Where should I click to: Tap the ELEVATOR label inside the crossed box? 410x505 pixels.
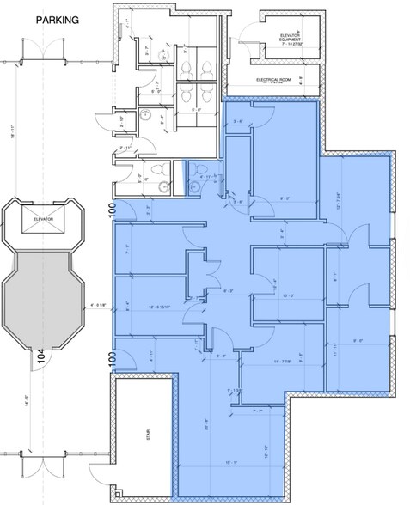tap(44, 219)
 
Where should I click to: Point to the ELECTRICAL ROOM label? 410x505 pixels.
tap(276, 79)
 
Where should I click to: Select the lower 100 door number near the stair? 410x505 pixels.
tap(111, 358)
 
